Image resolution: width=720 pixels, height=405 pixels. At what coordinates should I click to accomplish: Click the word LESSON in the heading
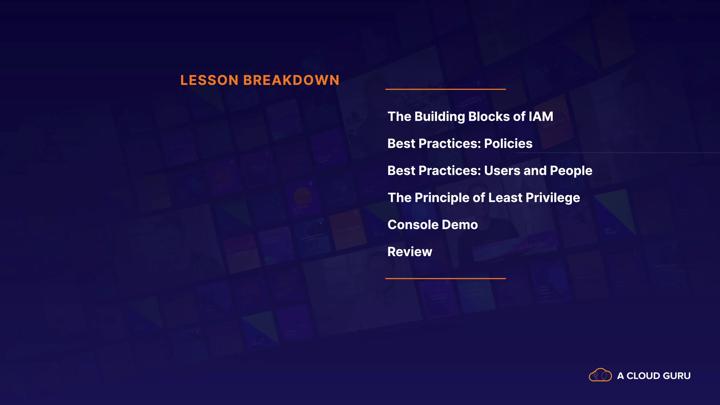(209, 80)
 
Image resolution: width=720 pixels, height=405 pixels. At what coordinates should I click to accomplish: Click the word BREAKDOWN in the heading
(291, 80)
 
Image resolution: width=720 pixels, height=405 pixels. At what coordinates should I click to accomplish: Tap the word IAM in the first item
(541, 117)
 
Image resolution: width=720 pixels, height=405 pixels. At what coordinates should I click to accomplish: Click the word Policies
(508, 144)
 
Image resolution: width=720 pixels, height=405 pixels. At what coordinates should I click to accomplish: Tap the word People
(571, 171)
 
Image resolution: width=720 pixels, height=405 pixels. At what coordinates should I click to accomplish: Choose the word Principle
(442, 198)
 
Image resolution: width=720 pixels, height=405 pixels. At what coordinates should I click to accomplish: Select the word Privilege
(553, 198)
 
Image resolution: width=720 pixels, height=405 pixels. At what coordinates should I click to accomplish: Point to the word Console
(413, 225)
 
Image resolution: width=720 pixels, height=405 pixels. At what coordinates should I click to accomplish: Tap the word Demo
(460, 225)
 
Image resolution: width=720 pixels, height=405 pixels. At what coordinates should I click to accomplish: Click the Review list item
(410, 252)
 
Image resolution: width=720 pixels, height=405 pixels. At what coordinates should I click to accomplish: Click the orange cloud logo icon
(600, 375)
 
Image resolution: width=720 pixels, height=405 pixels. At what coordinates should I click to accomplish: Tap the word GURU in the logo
(677, 376)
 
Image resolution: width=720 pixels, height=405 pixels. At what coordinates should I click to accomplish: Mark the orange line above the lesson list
(445, 89)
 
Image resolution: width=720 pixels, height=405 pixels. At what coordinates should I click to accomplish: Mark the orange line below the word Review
(445, 279)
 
